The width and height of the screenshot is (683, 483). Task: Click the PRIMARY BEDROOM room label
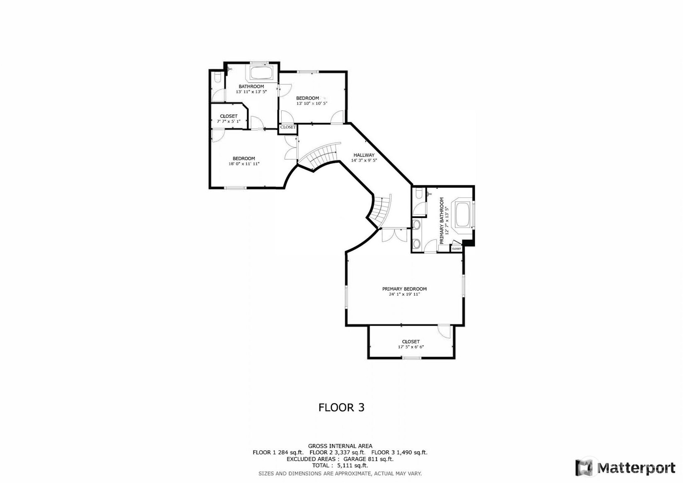(404, 289)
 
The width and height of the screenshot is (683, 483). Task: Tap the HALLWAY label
(364, 155)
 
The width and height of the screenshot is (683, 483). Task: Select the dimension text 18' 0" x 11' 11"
(244, 164)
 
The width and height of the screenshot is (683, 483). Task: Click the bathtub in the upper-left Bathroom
(261, 73)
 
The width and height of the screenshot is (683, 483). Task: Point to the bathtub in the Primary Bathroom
(463, 214)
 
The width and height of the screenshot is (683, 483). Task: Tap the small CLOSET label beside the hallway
(288, 127)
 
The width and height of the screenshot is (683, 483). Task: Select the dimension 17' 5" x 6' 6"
(411, 347)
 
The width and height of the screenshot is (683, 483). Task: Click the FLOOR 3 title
(341, 407)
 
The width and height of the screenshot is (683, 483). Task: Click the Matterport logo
(625, 468)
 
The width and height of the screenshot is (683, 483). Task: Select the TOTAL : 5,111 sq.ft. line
(340, 466)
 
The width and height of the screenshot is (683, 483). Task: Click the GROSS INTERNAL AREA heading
(340, 446)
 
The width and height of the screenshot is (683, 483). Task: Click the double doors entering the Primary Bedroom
(394, 235)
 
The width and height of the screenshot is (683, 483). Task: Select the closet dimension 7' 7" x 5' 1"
(228, 122)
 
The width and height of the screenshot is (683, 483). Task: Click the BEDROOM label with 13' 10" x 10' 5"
(307, 98)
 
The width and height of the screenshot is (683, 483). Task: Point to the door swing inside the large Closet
(445, 331)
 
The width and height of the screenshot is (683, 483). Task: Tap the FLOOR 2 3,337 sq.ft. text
(337, 453)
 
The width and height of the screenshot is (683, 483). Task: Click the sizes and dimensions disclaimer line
(340, 473)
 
